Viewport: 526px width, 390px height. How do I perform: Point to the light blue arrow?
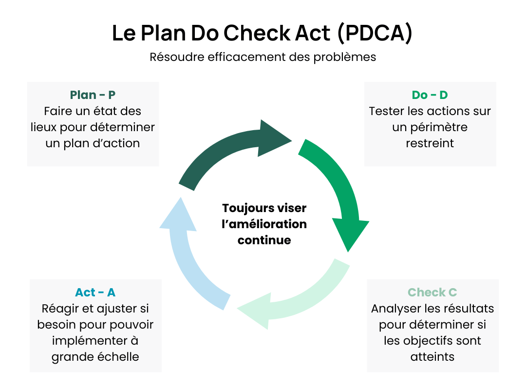188,258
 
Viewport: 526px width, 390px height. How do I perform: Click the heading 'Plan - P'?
93,95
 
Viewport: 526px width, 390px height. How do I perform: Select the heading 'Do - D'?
430,95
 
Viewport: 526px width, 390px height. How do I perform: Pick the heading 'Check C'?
432,292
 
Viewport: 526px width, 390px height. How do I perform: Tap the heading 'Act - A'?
95,292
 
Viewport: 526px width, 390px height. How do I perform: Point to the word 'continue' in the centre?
264,240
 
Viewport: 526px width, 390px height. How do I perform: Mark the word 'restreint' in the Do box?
430,143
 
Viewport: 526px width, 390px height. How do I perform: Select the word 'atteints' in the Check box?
432,356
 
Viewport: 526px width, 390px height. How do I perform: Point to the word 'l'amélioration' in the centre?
264,224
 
